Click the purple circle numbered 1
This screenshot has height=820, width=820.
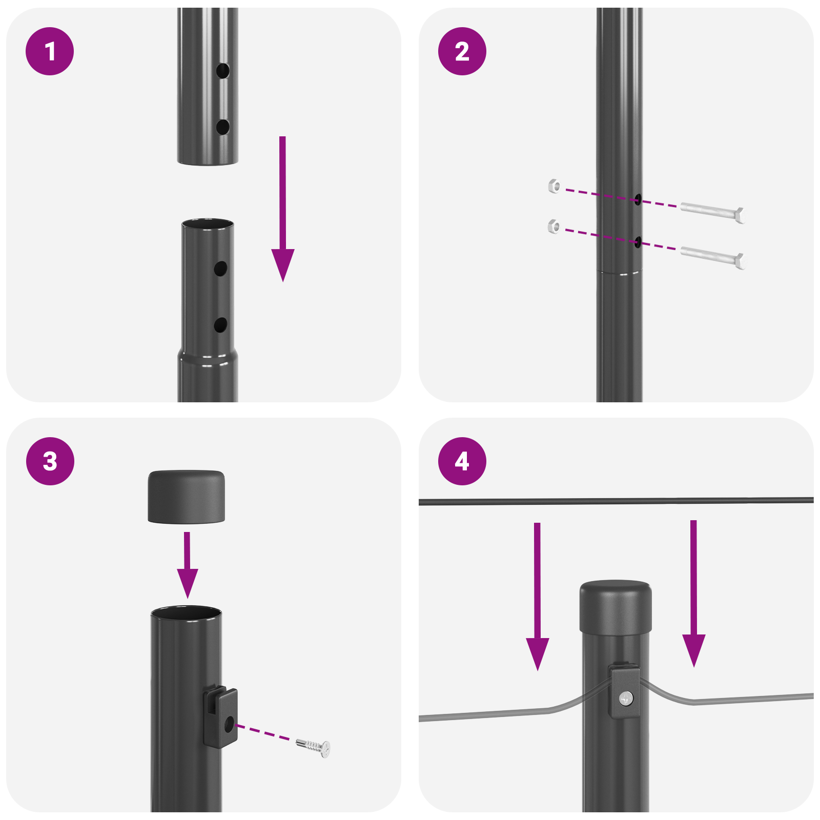(50, 51)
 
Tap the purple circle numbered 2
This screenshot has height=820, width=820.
(462, 51)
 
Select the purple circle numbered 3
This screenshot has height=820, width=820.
(50, 461)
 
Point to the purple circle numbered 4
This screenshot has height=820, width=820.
(462, 461)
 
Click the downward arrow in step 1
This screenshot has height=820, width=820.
(282, 215)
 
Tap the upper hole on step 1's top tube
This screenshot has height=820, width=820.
(222, 71)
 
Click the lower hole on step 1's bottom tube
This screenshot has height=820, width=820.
(220, 324)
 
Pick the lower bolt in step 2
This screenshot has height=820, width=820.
(712, 256)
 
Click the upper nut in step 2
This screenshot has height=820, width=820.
(554, 186)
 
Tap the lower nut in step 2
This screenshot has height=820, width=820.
(554, 225)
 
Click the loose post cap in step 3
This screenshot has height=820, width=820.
(187, 496)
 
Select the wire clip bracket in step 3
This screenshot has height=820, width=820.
(221, 716)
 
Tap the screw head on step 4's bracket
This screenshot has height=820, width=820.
(626, 698)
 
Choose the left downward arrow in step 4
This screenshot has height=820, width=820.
(537, 600)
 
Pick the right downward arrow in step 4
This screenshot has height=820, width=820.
(693, 597)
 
